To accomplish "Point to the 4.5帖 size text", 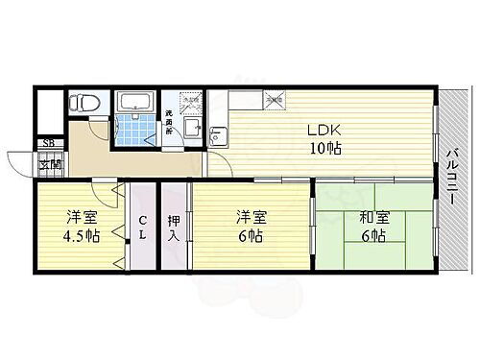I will tap(80, 235).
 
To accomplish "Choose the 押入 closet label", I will tap(174, 227).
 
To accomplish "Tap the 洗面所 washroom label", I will tap(167, 123).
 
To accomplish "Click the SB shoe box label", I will tap(47, 145).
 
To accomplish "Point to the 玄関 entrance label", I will tap(47, 164).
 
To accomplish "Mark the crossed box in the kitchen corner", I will tap(276, 96).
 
